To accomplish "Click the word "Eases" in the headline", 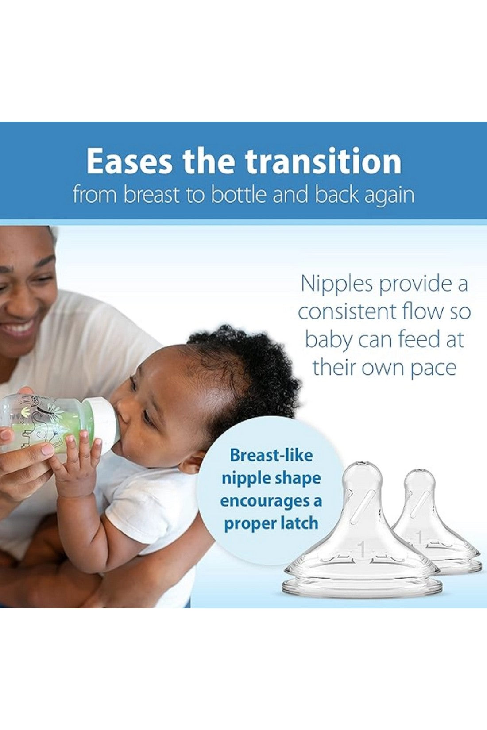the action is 129,161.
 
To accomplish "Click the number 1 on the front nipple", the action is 361,549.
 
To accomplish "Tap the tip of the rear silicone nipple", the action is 420,470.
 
